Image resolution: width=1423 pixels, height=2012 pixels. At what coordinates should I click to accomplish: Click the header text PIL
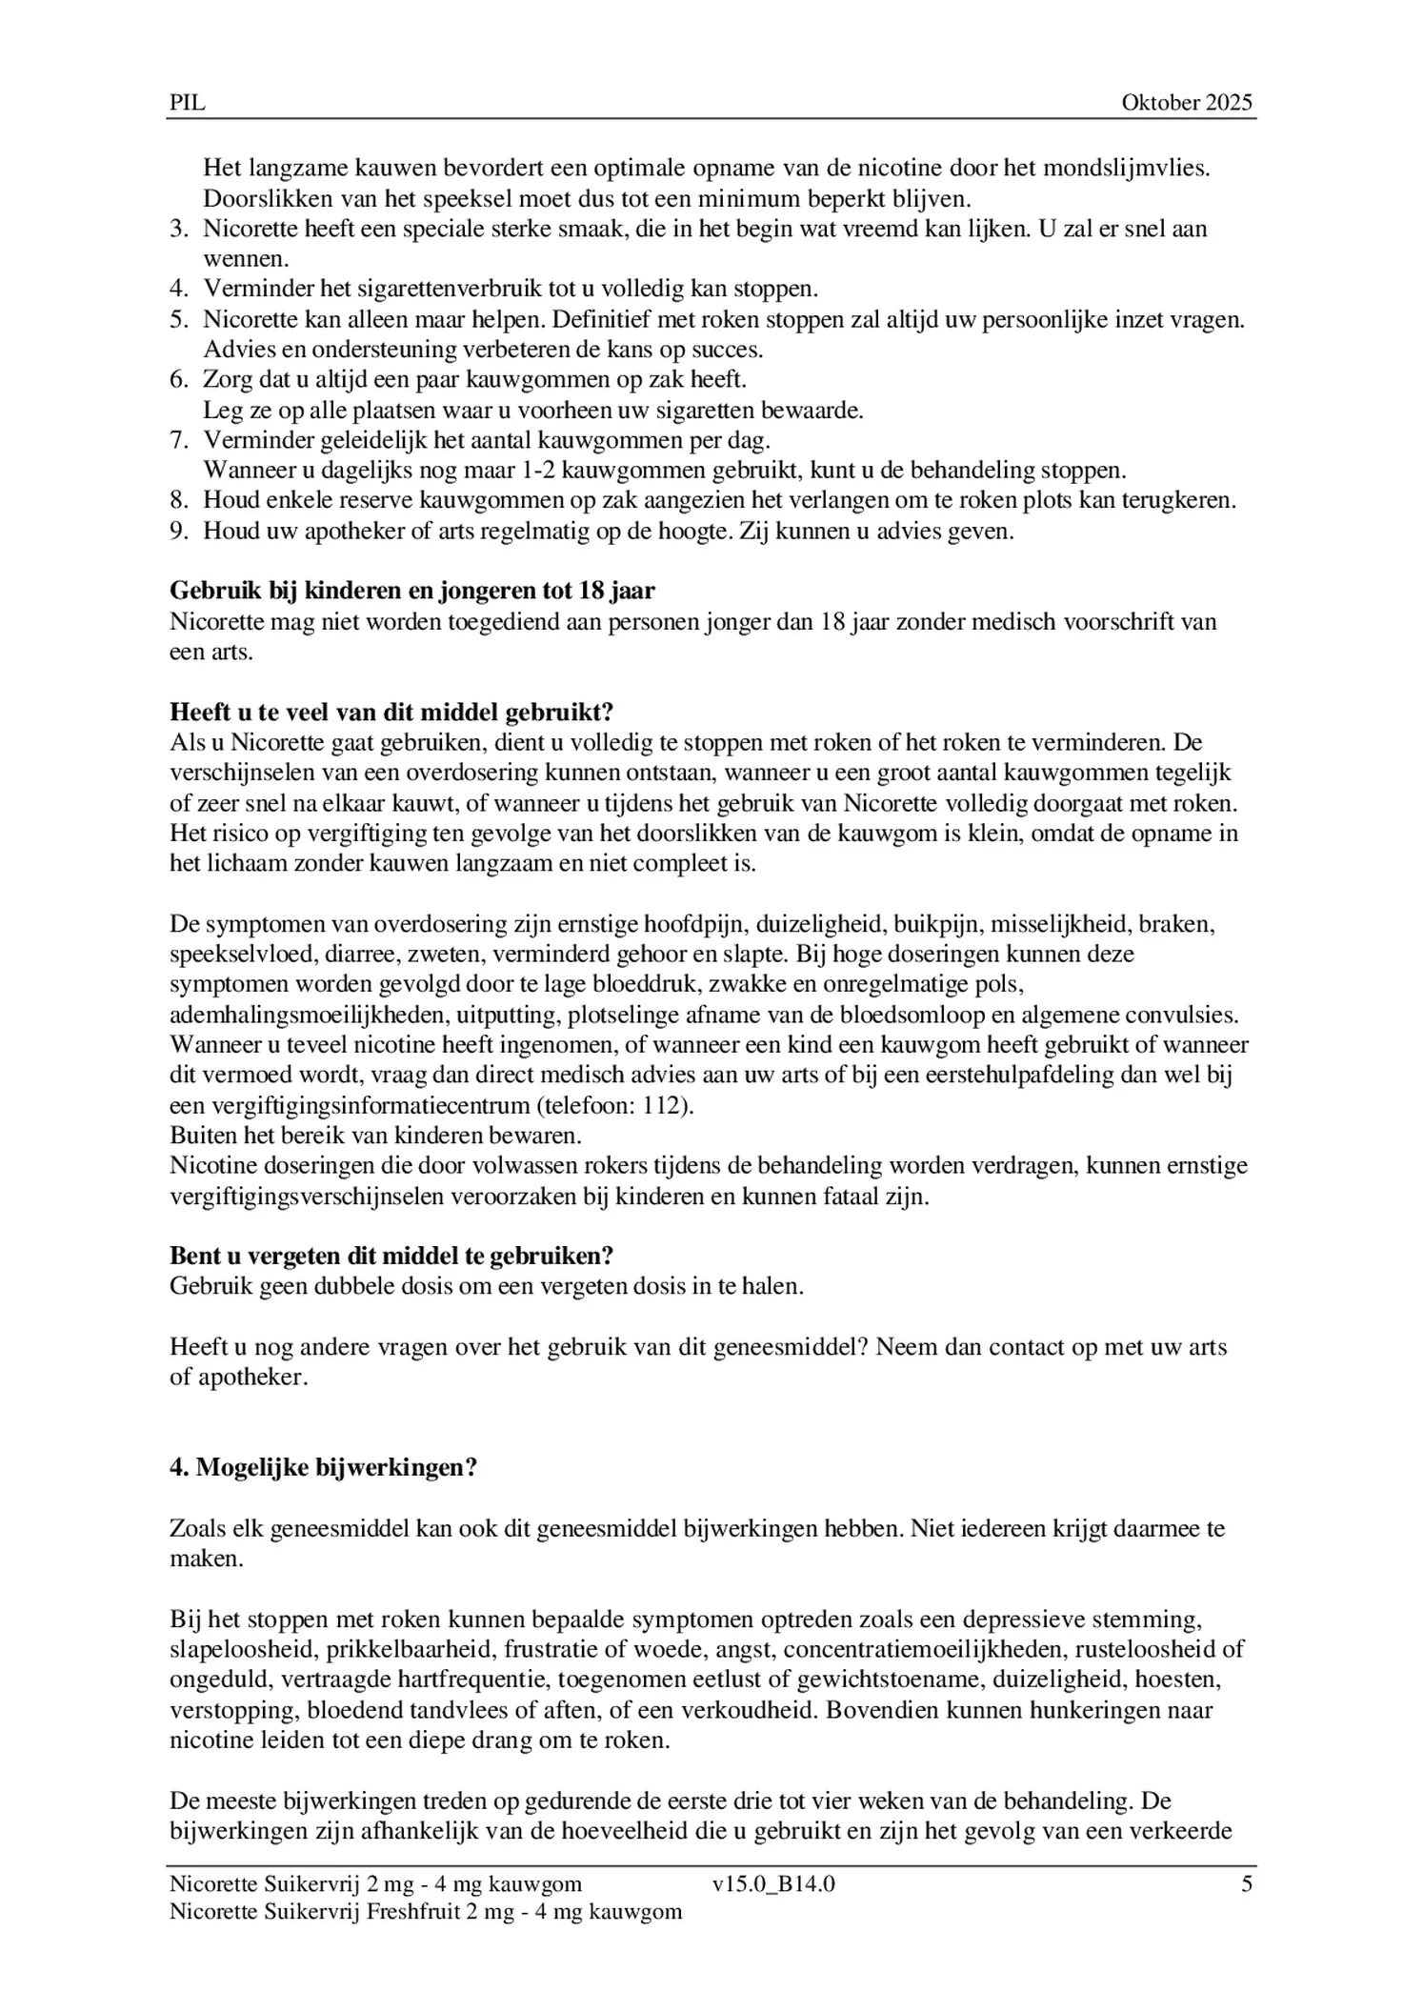(x=187, y=103)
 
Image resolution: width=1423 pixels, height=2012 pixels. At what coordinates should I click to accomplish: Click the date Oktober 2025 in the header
(x=1186, y=103)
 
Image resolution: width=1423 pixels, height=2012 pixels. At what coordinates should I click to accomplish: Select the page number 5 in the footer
(x=1246, y=1883)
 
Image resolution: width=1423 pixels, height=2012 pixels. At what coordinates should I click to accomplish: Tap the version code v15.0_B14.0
(x=772, y=1883)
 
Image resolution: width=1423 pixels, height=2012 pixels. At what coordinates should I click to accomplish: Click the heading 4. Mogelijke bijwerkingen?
(x=323, y=1468)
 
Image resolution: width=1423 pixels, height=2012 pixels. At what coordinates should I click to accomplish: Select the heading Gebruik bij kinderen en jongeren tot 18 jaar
(x=411, y=591)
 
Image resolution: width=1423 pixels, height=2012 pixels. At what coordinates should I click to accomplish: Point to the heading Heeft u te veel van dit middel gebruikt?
(x=391, y=712)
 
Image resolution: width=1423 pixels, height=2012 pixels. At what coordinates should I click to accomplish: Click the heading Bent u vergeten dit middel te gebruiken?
(x=391, y=1255)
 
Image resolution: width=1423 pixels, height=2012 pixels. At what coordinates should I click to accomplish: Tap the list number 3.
(x=178, y=229)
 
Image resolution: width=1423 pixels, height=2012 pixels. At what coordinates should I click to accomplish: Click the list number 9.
(x=178, y=531)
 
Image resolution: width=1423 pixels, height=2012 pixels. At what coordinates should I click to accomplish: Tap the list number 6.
(x=178, y=379)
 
